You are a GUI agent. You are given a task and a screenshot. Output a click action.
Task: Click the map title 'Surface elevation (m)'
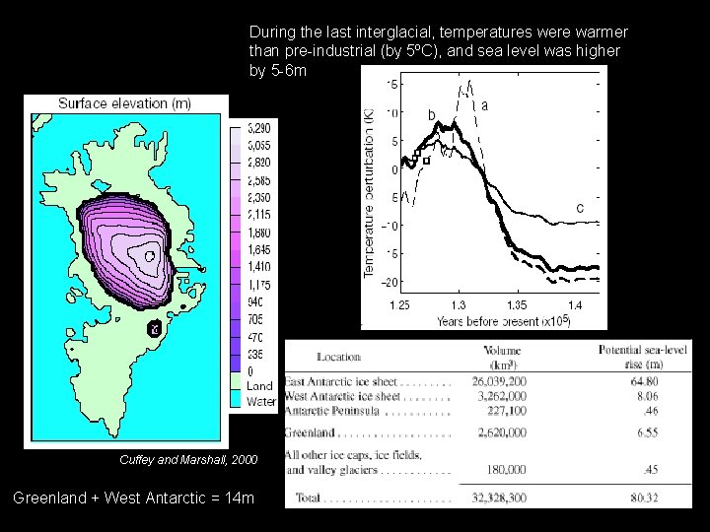click(x=124, y=103)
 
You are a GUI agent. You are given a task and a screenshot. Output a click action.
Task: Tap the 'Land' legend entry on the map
click(x=259, y=386)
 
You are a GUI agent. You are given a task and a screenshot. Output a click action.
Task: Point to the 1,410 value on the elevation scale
click(x=259, y=266)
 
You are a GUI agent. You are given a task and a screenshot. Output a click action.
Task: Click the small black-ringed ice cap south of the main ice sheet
click(x=153, y=328)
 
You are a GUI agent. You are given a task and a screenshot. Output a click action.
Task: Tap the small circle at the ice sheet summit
click(x=149, y=256)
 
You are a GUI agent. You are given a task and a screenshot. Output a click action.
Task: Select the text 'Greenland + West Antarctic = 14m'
click(x=133, y=499)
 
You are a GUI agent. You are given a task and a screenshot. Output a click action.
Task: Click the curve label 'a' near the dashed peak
click(x=484, y=104)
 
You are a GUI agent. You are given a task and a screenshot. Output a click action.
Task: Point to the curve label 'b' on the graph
click(x=432, y=115)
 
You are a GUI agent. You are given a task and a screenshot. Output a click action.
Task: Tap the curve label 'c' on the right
click(x=580, y=208)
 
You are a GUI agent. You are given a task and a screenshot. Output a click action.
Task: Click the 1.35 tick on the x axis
click(x=515, y=305)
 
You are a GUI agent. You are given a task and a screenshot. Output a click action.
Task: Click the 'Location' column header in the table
click(x=338, y=357)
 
